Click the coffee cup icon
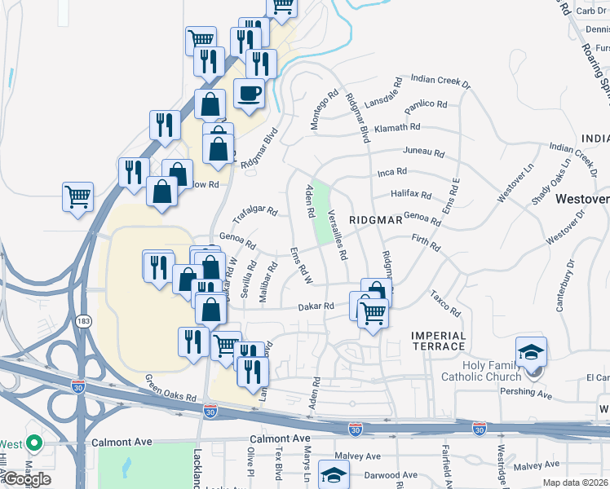point(250,92)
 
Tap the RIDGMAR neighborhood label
point(376,221)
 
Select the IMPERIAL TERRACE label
point(439,341)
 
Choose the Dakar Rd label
point(317,306)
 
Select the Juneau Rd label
point(424,152)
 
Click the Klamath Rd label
point(400,128)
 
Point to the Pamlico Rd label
point(427,104)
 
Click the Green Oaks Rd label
point(171,387)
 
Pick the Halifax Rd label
point(411,195)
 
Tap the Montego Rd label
point(320,107)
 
